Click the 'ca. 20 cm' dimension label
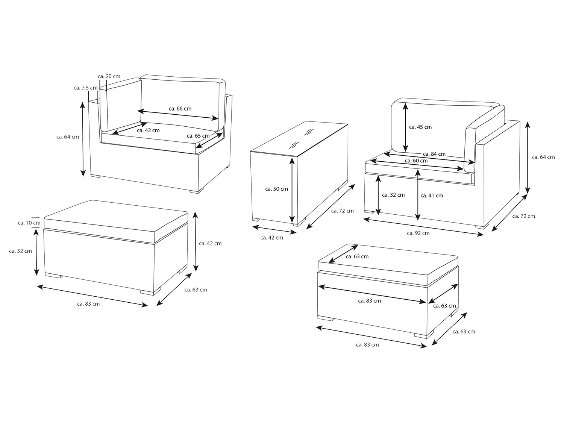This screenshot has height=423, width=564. tap(109, 76)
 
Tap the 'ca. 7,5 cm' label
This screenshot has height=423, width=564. tap(86, 88)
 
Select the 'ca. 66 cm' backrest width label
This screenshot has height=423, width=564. tap(180, 109)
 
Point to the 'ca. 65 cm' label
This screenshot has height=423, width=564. tap(198, 136)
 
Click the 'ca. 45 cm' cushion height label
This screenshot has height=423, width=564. tap(420, 127)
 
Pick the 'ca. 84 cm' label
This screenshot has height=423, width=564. tap(434, 154)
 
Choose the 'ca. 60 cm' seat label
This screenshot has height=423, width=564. tap(416, 161)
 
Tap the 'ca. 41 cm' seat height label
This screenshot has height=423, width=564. tap(432, 196)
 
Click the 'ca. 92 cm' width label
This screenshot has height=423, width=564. tap(418, 233)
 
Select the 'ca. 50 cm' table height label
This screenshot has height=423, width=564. tap(276, 189)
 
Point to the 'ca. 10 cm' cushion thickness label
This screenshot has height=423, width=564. tap(29, 223)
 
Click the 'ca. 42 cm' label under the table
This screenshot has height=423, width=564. tap(271, 238)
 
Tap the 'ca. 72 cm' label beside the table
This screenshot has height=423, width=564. tap(342, 211)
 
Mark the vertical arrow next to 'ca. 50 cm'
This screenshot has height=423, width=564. tap(292, 190)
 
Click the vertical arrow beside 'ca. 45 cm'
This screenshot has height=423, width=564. tap(405, 127)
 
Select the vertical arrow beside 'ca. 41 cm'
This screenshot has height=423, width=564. tap(418, 195)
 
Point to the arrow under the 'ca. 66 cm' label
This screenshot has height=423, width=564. tap(178, 115)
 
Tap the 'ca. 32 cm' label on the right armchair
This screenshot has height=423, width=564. tap(393, 195)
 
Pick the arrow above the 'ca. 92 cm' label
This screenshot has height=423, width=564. tap(423, 227)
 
